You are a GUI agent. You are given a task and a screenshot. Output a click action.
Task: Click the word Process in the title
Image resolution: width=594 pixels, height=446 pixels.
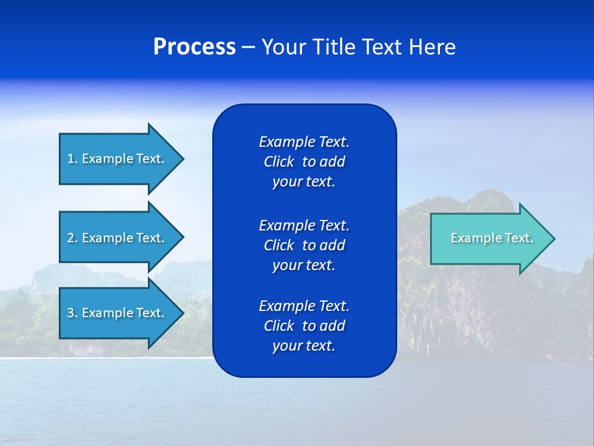pos(194,47)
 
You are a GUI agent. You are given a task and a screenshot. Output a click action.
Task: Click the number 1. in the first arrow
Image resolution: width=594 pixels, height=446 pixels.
pos(72,159)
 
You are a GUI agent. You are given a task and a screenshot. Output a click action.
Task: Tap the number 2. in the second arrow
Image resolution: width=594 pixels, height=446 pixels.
pos(72,238)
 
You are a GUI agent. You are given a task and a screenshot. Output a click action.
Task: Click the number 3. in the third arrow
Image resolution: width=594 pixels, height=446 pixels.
pos(72,313)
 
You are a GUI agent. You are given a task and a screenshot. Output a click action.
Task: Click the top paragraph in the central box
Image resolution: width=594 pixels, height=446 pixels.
pos(304,162)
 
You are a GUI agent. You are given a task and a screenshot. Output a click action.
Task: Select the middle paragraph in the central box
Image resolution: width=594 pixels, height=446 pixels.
pos(304,245)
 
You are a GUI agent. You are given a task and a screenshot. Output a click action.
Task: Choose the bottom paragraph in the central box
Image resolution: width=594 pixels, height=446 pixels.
pos(304,326)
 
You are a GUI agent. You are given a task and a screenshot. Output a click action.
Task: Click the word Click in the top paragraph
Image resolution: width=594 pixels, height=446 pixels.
pos(278,162)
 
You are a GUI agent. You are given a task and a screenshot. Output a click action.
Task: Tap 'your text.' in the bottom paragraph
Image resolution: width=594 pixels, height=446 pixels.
pos(304,346)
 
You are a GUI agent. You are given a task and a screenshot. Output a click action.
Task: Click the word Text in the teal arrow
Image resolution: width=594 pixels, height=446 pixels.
pos(520,238)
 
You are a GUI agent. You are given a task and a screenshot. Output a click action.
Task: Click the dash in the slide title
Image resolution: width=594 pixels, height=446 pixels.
pos(248,48)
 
